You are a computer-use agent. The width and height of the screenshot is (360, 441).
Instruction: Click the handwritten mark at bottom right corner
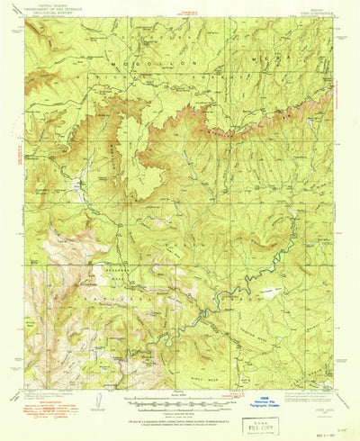tap(347, 431)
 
